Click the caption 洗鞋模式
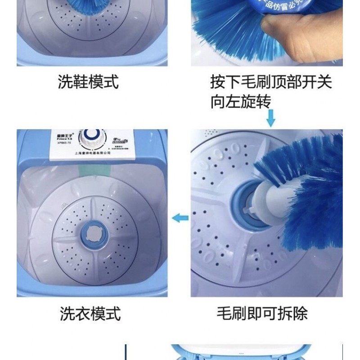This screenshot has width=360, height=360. [x=88, y=82]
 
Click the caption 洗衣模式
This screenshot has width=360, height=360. [x=90, y=314]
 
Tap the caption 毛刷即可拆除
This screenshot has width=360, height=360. [x=262, y=314]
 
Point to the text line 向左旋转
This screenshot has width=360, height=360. [x=241, y=102]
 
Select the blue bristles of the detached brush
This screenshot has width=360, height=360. [x=310, y=189]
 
